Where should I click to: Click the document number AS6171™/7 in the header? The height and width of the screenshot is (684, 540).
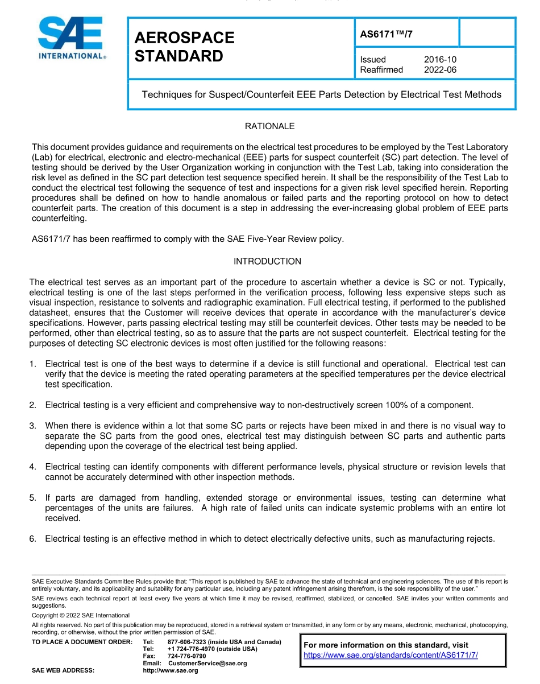[x=387, y=34]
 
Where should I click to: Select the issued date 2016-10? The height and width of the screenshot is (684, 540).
[x=440, y=60]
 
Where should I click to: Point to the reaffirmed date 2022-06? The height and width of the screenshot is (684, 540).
[x=440, y=70]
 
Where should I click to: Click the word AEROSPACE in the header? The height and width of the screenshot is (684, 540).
[x=184, y=38]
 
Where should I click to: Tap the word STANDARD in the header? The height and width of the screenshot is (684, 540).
[x=178, y=56]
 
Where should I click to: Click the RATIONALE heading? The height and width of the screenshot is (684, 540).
[x=269, y=126]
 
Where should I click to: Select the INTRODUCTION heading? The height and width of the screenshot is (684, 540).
[x=267, y=262]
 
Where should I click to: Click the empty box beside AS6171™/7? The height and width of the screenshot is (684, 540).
[x=487, y=32]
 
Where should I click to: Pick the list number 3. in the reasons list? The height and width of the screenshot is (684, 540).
[x=33, y=426]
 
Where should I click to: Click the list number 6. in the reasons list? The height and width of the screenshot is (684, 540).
[x=33, y=538]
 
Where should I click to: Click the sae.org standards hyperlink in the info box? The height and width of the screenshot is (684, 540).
[x=391, y=655]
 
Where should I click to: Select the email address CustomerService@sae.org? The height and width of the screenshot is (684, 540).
[x=207, y=664]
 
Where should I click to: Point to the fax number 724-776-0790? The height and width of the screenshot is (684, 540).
[x=187, y=656]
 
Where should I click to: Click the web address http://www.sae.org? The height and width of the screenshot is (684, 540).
[x=171, y=671]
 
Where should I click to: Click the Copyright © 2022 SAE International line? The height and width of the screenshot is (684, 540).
[x=81, y=615]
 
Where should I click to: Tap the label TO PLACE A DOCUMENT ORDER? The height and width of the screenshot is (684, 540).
[x=82, y=642]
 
